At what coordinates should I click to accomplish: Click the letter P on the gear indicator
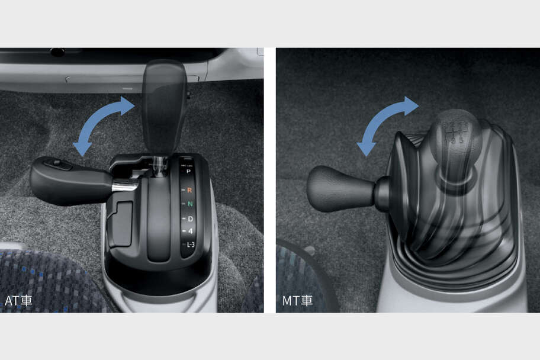(x=189, y=171)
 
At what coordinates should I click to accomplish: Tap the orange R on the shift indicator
(x=189, y=190)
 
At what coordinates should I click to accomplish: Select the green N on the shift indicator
(x=189, y=204)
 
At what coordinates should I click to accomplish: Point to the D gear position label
(x=189, y=219)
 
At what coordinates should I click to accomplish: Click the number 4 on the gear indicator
(x=189, y=232)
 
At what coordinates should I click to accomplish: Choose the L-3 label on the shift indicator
(x=189, y=245)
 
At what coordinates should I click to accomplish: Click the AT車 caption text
(x=18, y=301)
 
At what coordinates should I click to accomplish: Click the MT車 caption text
(x=297, y=301)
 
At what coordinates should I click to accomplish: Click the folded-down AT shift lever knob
(x=68, y=181)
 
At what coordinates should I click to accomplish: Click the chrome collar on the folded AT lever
(x=125, y=186)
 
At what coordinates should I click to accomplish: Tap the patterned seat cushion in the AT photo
(x=47, y=278)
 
